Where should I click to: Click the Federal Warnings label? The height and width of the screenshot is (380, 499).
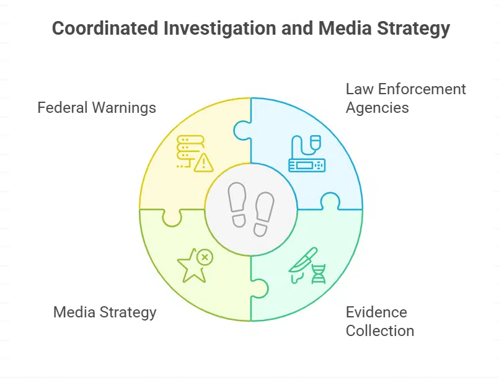[97, 108]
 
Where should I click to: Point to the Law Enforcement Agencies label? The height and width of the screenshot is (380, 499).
[405, 98]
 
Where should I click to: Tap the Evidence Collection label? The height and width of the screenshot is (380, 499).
[379, 321]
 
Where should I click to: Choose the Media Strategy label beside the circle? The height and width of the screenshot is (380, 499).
[105, 312]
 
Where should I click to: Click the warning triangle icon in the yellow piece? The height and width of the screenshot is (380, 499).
[203, 163]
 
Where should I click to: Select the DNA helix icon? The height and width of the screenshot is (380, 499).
[319, 273]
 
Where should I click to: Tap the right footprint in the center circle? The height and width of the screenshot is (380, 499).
[263, 214]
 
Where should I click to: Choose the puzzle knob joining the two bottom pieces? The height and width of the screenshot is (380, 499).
[260, 288]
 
